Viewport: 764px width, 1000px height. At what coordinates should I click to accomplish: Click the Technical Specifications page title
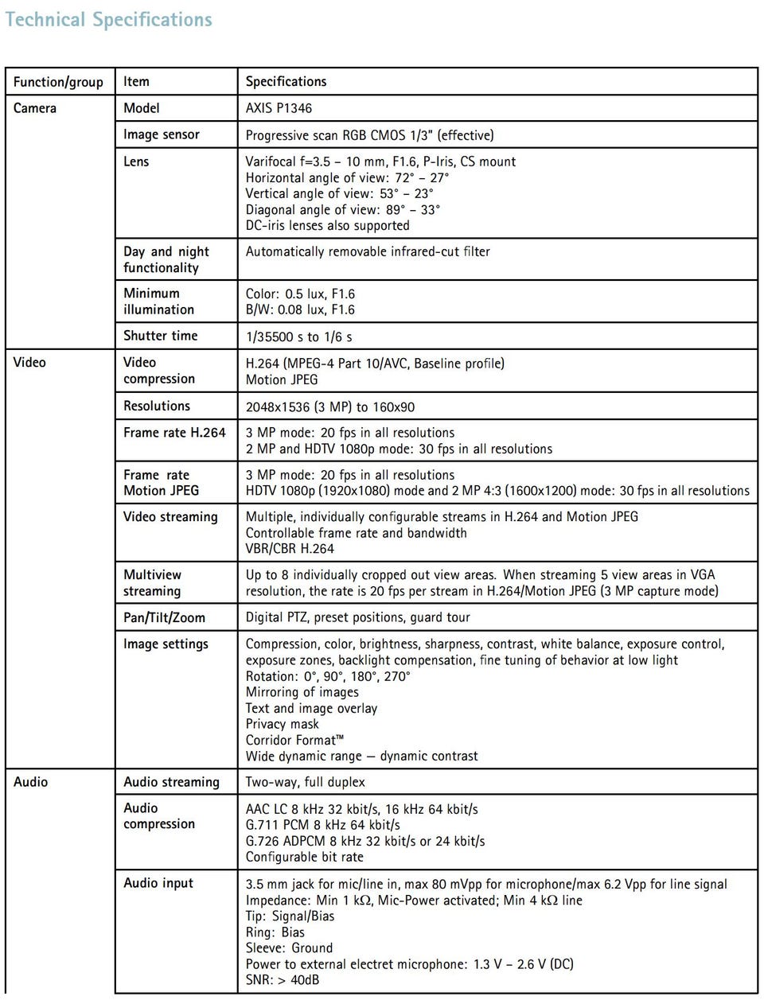coord(109,20)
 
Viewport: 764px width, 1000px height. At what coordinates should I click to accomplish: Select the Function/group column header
coord(58,82)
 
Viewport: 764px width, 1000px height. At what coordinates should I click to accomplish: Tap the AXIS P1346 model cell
coord(279,108)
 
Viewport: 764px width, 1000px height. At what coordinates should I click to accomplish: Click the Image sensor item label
coord(162,134)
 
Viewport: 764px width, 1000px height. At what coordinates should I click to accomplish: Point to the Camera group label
coord(35,108)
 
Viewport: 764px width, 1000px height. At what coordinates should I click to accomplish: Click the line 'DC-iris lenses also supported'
coord(327,225)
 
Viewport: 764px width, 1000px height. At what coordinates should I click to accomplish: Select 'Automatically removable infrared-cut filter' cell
coord(368,251)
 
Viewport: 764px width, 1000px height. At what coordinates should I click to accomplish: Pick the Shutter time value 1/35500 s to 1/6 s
coord(298,337)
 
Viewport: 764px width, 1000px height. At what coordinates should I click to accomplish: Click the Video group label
coord(29,362)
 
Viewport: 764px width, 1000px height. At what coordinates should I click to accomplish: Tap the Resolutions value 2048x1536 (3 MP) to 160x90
coord(329,407)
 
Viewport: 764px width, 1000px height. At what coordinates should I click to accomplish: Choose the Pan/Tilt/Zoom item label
coord(164,617)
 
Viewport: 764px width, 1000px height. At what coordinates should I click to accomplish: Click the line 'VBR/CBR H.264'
coord(290,548)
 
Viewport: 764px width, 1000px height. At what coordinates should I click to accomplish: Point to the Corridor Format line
coord(294,740)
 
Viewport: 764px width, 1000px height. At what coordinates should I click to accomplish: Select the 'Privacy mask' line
coord(282,724)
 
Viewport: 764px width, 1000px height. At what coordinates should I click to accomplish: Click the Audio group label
coord(31,782)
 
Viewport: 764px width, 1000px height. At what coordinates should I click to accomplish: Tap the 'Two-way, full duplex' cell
coord(305,782)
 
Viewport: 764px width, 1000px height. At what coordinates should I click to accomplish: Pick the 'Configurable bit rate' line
coord(304,857)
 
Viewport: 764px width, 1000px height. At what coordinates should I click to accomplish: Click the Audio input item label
coord(158,883)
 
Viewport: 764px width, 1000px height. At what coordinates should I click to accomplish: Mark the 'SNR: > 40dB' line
coord(282,979)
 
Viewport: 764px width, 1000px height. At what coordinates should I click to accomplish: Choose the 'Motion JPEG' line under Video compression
coord(281,379)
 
